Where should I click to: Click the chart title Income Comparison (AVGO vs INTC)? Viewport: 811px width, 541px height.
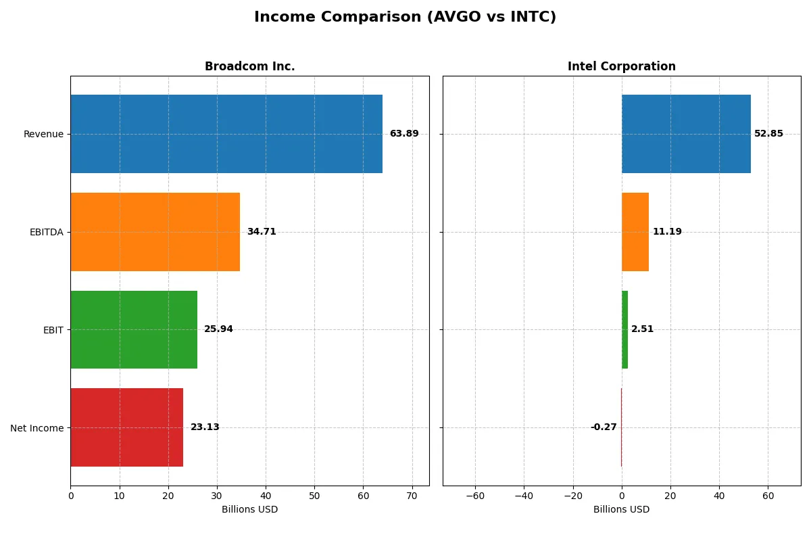tap(405, 18)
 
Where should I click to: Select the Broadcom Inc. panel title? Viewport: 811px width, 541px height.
tap(249, 66)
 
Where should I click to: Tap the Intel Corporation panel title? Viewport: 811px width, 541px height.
tap(621, 66)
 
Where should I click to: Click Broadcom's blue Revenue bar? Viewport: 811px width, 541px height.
tap(226, 134)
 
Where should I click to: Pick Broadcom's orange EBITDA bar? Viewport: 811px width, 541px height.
tap(155, 232)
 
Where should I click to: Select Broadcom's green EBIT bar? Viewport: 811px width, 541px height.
tap(134, 329)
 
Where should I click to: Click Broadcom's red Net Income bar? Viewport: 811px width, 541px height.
tap(126, 427)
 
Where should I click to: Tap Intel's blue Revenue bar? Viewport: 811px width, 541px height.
tap(686, 134)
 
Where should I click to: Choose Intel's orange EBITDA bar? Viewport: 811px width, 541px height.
tap(635, 232)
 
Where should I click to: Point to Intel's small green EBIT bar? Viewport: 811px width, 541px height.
tap(625, 329)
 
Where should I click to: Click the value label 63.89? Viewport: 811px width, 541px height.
tap(404, 134)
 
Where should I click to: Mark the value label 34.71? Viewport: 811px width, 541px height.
tap(262, 232)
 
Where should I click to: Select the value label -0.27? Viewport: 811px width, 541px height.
tap(604, 427)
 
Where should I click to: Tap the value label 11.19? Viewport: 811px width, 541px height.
tap(667, 232)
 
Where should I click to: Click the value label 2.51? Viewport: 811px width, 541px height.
tap(642, 329)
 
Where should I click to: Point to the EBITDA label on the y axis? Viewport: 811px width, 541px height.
tap(46, 232)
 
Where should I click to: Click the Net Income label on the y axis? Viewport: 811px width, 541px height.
tap(37, 427)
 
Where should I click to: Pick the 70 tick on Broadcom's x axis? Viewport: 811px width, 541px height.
tap(412, 496)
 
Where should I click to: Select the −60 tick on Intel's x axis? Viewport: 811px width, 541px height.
tap(475, 496)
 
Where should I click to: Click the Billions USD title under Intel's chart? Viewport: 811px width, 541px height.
tap(621, 509)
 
